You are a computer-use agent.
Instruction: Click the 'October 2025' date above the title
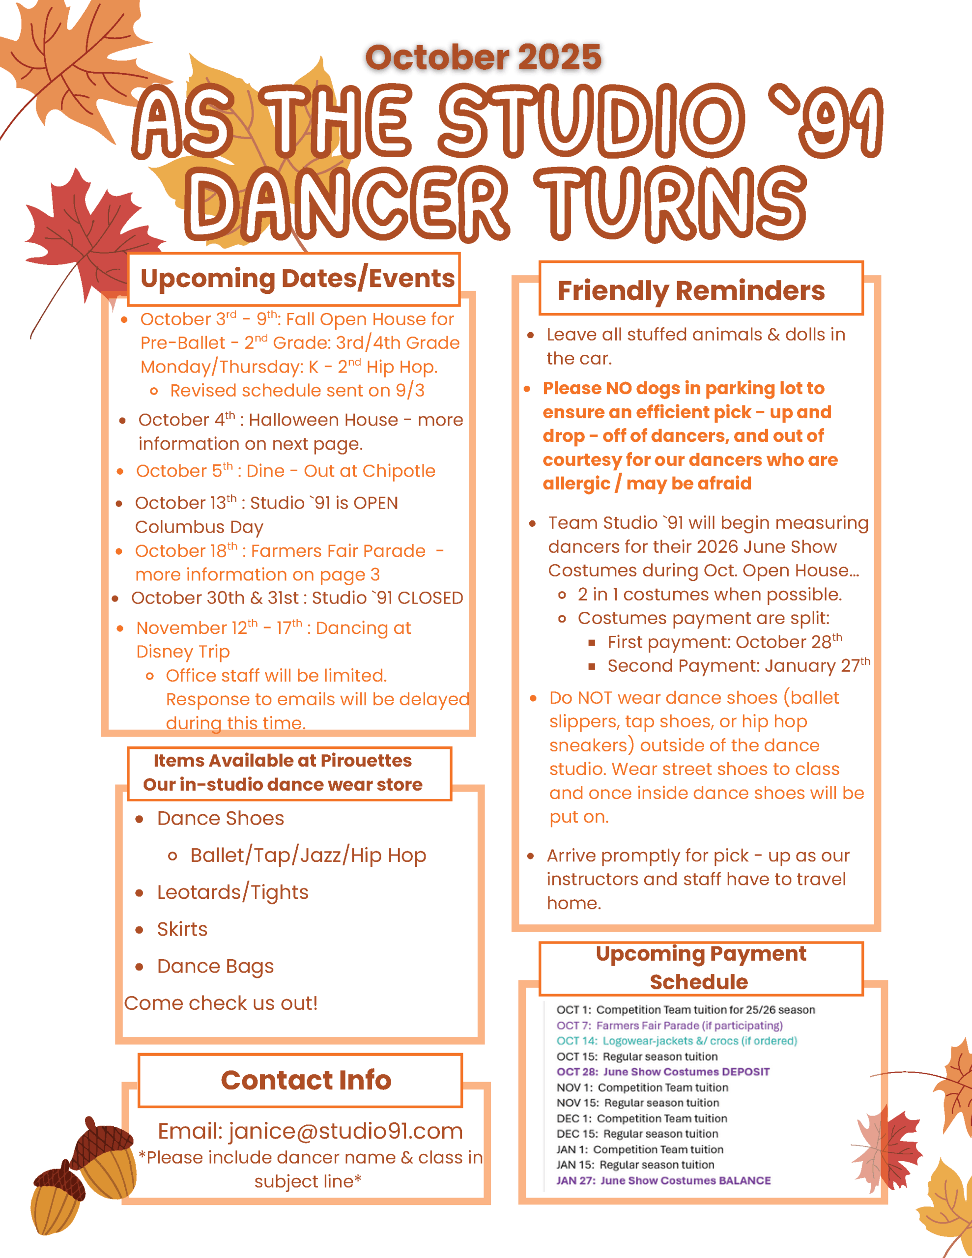[483, 57]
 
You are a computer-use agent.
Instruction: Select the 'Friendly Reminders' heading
[690, 290]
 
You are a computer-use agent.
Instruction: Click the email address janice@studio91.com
[345, 1131]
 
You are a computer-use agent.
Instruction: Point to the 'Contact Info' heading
[306, 1080]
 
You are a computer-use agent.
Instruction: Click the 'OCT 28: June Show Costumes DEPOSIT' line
[662, 1072]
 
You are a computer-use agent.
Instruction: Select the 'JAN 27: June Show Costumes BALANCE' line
[663, 1180]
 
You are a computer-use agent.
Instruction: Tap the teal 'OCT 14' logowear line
[677, 1041]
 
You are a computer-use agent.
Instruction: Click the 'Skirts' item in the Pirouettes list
[182, 929]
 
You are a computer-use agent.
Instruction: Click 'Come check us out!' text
[221, 1003]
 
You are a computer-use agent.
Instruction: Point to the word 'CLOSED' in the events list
[430, 598]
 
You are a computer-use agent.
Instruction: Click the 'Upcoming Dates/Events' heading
[297, 278]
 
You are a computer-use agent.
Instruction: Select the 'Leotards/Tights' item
[233, 892]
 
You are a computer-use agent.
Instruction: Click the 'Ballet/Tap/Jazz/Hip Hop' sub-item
[308, 856]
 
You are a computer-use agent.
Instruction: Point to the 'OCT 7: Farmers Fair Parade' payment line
[669, 1025]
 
